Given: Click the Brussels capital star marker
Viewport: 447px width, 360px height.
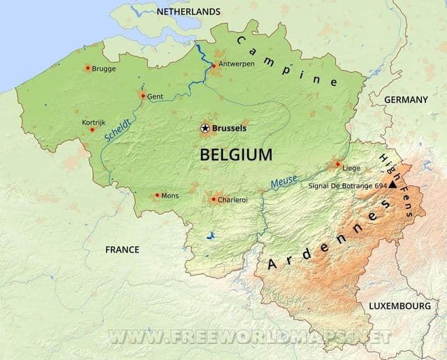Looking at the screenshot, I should [x=205, y=128].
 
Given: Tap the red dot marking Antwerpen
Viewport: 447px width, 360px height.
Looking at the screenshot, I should [x=213, y=66].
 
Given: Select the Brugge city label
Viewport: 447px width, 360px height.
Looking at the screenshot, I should [x=104, y=69].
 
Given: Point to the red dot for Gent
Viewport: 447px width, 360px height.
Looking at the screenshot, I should [x=142, y=95].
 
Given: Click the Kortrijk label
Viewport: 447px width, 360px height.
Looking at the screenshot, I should [x=94, y=122].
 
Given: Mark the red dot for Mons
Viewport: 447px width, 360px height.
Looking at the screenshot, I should [x=156, y=196].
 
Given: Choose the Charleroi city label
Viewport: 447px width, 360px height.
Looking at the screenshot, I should [x=233, y=200].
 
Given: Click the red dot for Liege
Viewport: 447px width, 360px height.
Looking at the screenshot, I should [x=338, y=165].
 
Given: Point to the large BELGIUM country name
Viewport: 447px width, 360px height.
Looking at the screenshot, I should [x=236, y=155].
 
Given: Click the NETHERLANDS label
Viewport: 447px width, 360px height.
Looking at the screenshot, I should [x=189, y=12].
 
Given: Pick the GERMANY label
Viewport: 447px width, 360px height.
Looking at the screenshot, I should [x=405, y=100].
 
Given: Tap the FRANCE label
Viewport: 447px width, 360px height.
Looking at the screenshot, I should [x=122, y=250].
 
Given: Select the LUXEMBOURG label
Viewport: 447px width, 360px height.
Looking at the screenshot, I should [x=400, y=306].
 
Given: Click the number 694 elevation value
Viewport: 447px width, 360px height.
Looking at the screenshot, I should [x=380, y=187].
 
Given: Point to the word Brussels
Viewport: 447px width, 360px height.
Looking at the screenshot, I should [x=229, y=129].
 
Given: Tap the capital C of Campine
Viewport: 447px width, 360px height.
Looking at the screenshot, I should [x=241, y=41].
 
